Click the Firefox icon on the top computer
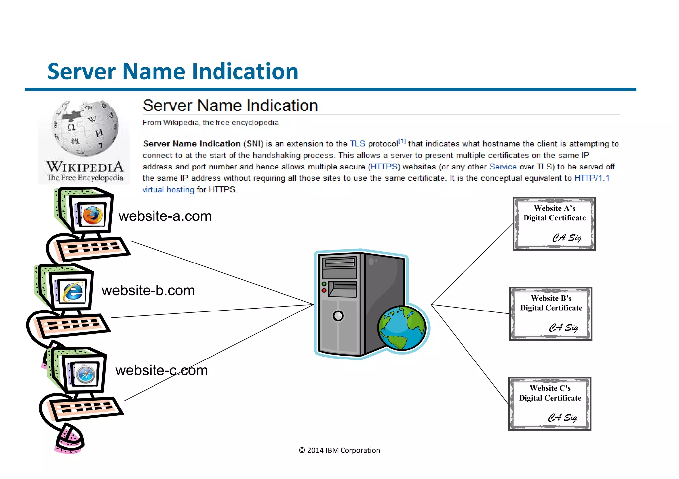tap(93, 215)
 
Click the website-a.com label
tap(165, 216)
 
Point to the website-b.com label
tap(148, 291)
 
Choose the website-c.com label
tap(161, 370)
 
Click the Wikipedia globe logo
tap(85, 128)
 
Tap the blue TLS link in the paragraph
tap(357, 144)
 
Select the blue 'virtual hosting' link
tap(168, 190)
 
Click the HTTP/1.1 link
tap(592, 178)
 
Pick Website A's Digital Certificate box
tap(554, 223)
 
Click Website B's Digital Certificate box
tap(551, 313)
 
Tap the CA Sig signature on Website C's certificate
tap(562, 417)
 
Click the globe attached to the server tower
tap(402, 328)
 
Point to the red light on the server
tap(324, 290)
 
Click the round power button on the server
tap(338, 316)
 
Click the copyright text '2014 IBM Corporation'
tap(339, 450)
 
